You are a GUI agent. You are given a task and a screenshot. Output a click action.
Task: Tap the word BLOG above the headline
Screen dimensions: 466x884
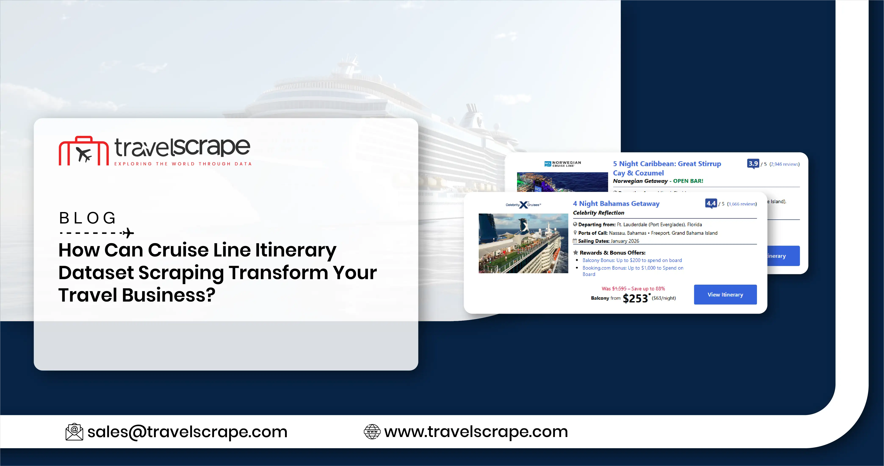pyautogui.click(x=87, y=218)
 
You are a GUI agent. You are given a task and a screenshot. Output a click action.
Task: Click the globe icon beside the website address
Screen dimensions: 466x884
pyautogui.click(x=372, y=432)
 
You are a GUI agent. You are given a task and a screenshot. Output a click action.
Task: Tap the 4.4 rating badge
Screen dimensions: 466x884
pyautogui.click(x=711, y=204)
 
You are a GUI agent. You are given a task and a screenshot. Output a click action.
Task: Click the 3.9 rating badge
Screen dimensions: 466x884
pyautogui.click(x=753, y=164)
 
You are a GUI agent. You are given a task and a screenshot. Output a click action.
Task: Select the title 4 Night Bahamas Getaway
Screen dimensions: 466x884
pyautogui.click(x=616, y=204)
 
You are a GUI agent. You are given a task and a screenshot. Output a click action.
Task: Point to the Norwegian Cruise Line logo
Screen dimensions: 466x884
pyautogui.click(x=563, y=164)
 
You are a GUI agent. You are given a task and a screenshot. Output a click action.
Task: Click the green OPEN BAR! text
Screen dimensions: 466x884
pyautogui.click(x=688, y=181)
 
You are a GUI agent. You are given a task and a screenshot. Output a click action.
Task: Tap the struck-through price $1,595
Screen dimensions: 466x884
pyautogui.click(x=619, y=289)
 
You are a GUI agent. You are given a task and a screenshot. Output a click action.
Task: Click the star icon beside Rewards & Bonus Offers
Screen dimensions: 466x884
pyautogui.click(x=575, y=253)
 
